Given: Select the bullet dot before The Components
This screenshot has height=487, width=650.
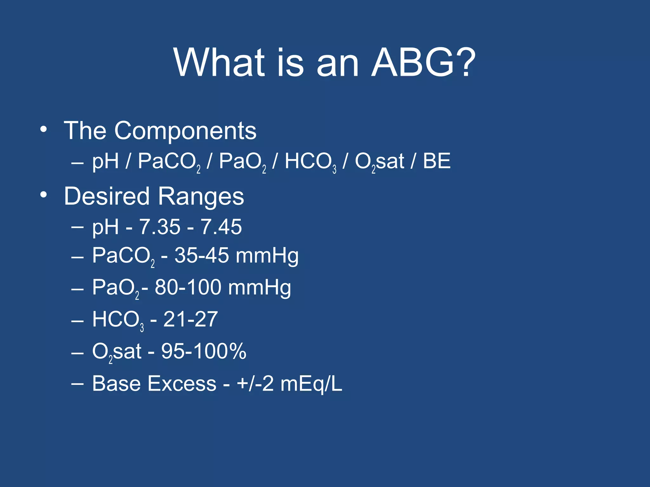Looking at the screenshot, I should [x=43, y=129].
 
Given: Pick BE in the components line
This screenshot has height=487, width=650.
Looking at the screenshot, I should [x=436, y=161].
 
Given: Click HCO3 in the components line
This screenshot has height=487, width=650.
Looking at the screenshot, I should [x=310, y=162].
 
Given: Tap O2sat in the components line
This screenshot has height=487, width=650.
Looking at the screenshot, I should [x=379, y=162].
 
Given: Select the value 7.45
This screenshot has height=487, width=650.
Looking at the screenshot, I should [x=221, y=227].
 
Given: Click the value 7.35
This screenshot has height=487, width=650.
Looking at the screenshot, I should [x=160, y=227].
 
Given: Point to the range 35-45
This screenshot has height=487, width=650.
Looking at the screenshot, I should [x=202, y=255].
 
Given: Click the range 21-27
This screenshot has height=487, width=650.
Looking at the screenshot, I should [x=190, y=319].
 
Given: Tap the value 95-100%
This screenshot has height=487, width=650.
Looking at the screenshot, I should [x=203, y=351].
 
